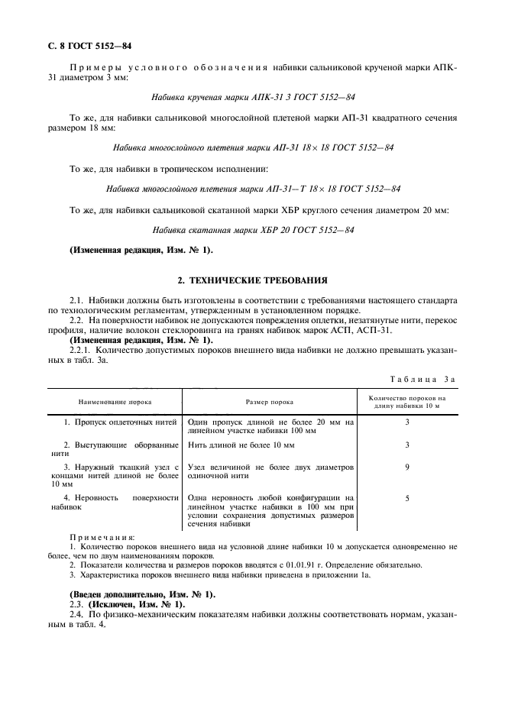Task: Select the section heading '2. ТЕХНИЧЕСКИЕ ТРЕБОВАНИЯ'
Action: pos(252,280)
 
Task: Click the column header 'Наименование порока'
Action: pos(113,401)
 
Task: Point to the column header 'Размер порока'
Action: pos(269,401)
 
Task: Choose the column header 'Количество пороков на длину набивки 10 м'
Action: pos(406,401)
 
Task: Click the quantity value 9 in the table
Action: pos(407,466)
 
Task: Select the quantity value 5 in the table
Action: pos(407,498)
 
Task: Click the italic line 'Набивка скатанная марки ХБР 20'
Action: pos(252,230)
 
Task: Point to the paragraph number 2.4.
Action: pos(78,614)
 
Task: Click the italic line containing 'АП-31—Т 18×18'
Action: pos(252,189)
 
